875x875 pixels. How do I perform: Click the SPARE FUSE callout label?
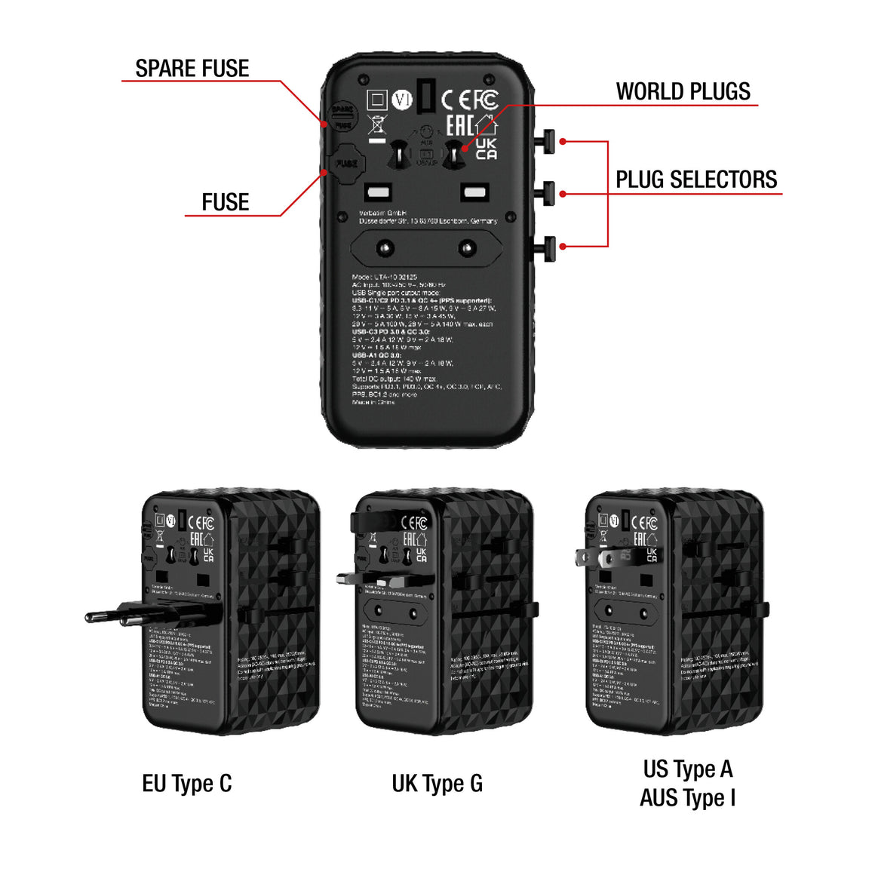click(192, 69)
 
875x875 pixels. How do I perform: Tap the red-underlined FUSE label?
click(225, 202)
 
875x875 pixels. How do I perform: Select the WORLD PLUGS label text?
click(683, 92)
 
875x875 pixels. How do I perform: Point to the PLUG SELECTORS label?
click(695, 180)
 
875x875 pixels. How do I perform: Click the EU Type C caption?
click(186, 784)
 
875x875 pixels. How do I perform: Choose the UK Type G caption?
click(437, 784)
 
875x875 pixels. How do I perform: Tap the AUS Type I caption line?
click(687, 798)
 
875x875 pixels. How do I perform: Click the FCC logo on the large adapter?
click(487, 99)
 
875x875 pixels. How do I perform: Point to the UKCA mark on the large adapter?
click(487, 149)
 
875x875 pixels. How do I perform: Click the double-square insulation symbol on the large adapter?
click(376, 100)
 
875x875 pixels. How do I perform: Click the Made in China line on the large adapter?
click(373, 402)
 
